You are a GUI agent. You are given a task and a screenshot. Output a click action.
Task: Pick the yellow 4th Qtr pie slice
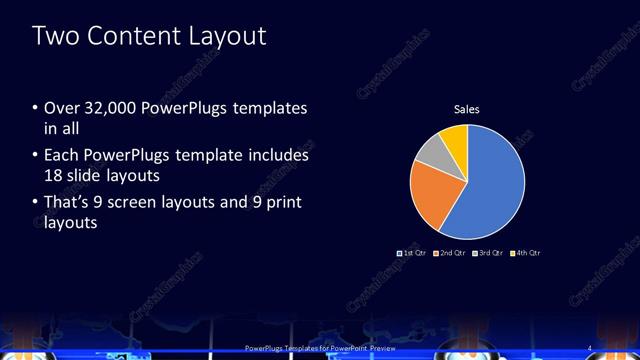pos(454,138)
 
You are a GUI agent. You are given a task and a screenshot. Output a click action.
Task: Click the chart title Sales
pos(468,108)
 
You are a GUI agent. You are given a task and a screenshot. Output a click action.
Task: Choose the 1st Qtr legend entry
pos(412,253)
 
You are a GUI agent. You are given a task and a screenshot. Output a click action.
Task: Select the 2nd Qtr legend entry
pos(453,253)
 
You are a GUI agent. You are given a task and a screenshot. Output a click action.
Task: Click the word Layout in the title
pos(231,37)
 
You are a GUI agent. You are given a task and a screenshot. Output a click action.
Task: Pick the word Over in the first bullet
pos(61,108)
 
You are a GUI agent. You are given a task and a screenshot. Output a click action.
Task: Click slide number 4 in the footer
pos(589,347)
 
